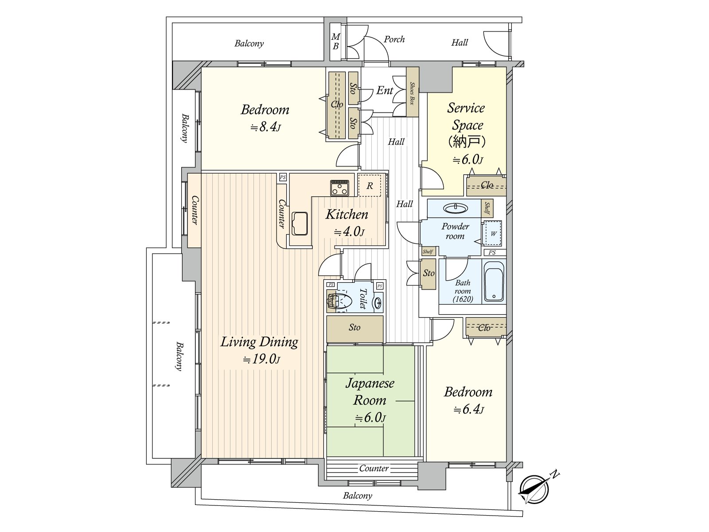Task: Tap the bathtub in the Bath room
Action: pyautogui.click(x=494, y=282)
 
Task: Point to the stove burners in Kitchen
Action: pyautogui.click(x=340, y=188)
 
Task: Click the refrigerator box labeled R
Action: pyautogui.click(x=369, y=186)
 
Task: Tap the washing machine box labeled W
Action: pyautogui.click(x=493, y=233)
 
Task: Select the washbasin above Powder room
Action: pyautogui.click(x=455, y=208)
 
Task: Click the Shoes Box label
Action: pyautogui.click(x=412, y=93)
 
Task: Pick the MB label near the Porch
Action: pyautogui.click(x=335, y=41)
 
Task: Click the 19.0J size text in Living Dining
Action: pyautogui.click(x=261, y=359)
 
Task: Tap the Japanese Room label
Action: pyautogui.click(x=370, y=391)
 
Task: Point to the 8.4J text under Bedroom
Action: pyautogui.click(x=265, y=128)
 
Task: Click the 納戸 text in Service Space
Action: pyautogui.click(x=467, y=142)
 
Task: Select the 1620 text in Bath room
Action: pyautogui.click(x=463, y=299)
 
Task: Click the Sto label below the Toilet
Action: pyautogui.click(x=354, y=327)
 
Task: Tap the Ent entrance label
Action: pyautogui.click(x=385, y=90)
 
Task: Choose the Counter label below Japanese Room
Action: pyautogui.click(x=374, y=468)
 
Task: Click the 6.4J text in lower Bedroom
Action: pyautogui.click(x=468, y=410)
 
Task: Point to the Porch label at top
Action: pyautogui.click(x=394, y=39)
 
